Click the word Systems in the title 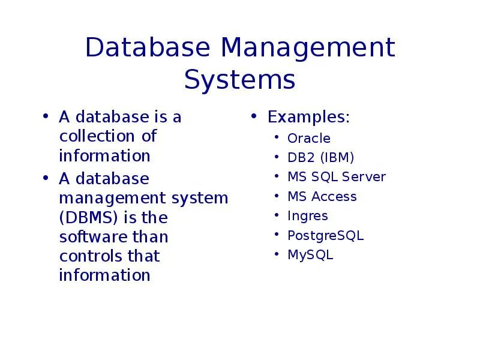pos(239,80)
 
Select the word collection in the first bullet pos(99,136)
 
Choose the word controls pos(91,256)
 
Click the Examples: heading pos(308,117)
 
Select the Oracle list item pos(309,139)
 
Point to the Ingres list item pos(308,216)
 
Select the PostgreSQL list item pos(325,236)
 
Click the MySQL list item pos(310,255)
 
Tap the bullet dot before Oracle pos(275,138)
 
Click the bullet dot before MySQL pos(275,254)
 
